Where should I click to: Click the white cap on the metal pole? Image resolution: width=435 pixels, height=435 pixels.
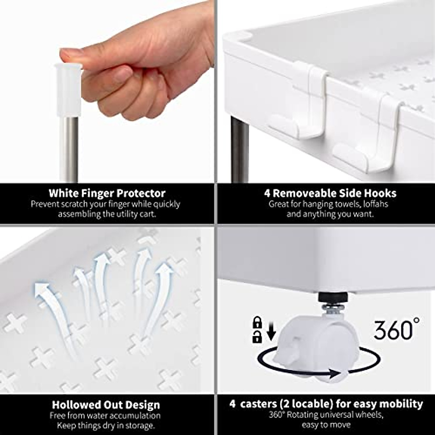[x=69, y=89]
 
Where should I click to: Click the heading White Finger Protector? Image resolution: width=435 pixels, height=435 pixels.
[x=107, y=193]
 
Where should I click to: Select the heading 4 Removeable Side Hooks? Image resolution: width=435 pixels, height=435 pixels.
[x=330, y=193]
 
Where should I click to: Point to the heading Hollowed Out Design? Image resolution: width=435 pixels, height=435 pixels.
[x=106, y=405]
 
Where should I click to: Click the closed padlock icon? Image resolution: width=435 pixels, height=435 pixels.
[x=257, y=322]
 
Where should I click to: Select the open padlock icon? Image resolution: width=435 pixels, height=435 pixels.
[x=257, y=337]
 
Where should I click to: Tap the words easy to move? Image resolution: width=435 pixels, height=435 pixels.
[x=326, y=424]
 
